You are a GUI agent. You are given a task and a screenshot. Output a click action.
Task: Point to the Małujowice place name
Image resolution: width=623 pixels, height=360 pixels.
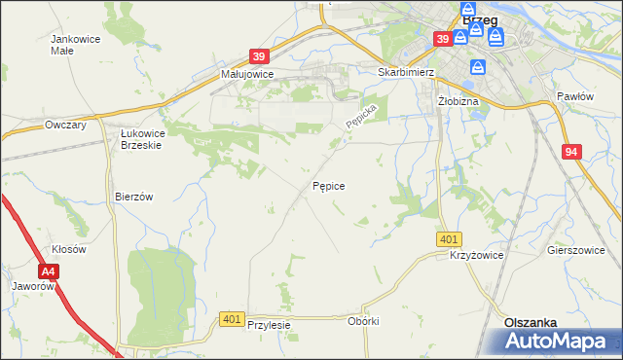pos(247,74)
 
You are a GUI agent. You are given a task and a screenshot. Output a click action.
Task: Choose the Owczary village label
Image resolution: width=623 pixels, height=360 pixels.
pos(67,126)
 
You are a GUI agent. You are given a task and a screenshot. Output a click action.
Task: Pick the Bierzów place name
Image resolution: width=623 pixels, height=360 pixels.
pos(134,196)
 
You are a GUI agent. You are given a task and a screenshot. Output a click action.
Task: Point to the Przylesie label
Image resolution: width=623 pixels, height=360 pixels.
pos(270,326)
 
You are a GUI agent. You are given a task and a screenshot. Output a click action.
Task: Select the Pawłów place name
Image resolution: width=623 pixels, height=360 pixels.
pos(574,96)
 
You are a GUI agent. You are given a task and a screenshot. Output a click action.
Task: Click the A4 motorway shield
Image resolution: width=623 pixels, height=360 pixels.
pos(49,272)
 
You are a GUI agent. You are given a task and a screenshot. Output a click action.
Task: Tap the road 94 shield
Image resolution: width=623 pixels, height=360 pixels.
pos(571,152)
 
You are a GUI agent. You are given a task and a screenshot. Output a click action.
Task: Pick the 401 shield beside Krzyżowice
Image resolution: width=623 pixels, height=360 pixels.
pos(449,239)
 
